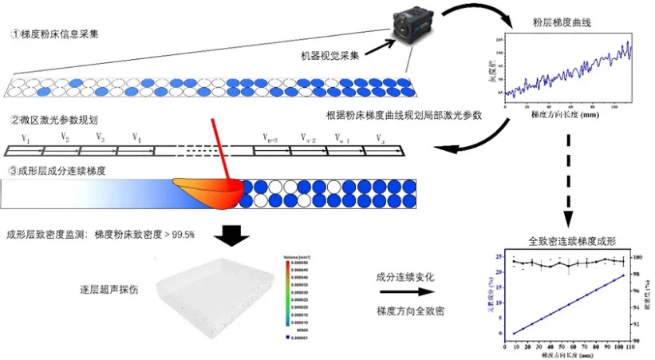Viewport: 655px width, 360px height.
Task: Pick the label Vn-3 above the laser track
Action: pyautogui.click(x=270, y=139)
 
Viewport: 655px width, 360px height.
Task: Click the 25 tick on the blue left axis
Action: pyautogui.click(x=499, y=257)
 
